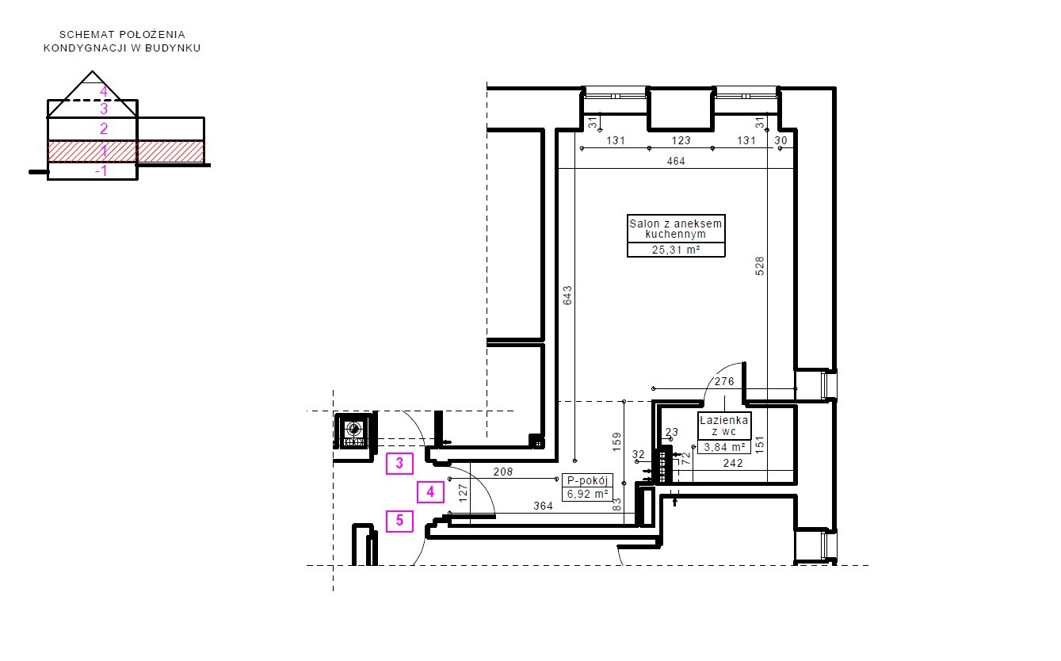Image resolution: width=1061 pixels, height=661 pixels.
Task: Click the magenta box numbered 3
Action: coord(399,464)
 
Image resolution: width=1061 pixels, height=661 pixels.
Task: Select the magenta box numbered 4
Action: coord(430,492)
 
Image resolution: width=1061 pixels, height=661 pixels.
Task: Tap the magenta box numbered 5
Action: coord(399,521)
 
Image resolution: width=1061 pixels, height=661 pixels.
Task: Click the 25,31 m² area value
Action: coord(676,250)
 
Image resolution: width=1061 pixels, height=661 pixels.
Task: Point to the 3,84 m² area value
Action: coord(724,447)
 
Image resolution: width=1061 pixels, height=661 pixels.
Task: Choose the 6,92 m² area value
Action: coord(587,494)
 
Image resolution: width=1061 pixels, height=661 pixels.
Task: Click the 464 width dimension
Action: coord(676,161)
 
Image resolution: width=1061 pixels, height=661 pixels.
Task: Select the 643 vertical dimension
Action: coord(567,295)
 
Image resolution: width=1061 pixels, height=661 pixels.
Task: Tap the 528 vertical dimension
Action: coord(759,266)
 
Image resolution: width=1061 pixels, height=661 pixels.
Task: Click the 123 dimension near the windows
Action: coord(681,141)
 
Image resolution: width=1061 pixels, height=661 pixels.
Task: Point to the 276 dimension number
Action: coord(724,381)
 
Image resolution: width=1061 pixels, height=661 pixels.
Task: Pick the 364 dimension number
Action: coord(544,506)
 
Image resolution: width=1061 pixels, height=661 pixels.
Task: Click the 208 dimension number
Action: coord(503,472)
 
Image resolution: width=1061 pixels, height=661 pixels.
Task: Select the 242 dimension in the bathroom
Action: coord(733,464)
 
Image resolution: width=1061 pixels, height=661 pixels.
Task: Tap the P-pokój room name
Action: coord(587,480)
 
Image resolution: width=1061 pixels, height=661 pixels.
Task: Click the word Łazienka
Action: coord(723,420)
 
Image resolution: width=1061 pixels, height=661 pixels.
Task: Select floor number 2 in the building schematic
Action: coord(104,128)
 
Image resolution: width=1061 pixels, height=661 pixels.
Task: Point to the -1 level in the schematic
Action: coord(101,171)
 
